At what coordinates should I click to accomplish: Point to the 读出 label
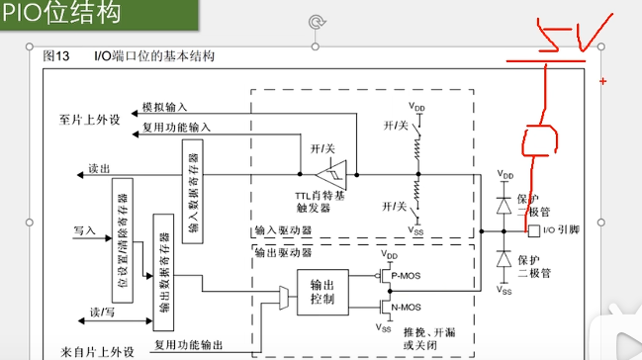[x=99, y=168]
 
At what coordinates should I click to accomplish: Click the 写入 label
[x=85, y=229]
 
